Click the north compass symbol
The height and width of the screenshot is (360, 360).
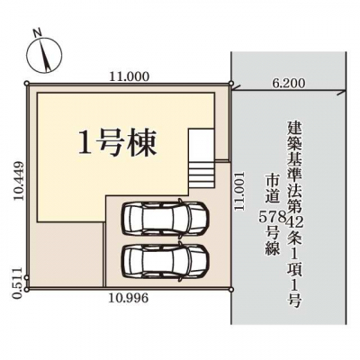pos(45,56)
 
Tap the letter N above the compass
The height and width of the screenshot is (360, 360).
pos(37,32)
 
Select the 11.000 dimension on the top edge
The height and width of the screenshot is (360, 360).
pos(129,77)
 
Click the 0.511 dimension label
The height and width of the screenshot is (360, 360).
pos(19,283)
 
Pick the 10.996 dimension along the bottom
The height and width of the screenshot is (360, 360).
pos(129,298)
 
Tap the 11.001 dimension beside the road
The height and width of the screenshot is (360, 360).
pos(240,191)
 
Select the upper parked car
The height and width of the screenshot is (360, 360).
pos(165,217)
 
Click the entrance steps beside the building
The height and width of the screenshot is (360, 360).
pos(202,175)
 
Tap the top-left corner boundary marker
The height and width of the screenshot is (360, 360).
pos(27,84)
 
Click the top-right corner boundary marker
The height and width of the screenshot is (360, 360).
pos(231,84)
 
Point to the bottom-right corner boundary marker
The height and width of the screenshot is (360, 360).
pos(231,289)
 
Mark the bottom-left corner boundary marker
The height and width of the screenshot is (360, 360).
pos(27,290)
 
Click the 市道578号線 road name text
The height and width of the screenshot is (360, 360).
pos(273,215)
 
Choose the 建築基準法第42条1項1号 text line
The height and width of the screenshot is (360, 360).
pos(295,214)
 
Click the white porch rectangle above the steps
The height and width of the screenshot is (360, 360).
pos(202,145)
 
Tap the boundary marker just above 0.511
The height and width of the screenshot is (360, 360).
pos(27,278)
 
